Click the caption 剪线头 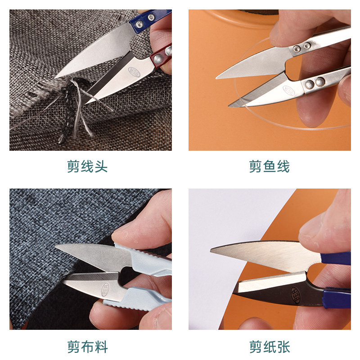coord(87,166)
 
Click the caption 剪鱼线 coord(269,166)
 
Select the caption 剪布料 coord(87,346)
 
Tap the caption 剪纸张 coord(270,346)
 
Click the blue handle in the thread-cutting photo coord(150,20)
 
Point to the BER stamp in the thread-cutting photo coord(134,72)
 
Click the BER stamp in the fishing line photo coord(288,91)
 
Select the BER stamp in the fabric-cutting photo coord(105,289)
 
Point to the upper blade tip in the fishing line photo coord(216,78)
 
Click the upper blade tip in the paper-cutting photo coord(211,251)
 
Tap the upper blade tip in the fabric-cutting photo coord(56,246)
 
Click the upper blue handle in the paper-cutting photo coord(335,258)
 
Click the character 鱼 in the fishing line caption coord(269,166)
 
